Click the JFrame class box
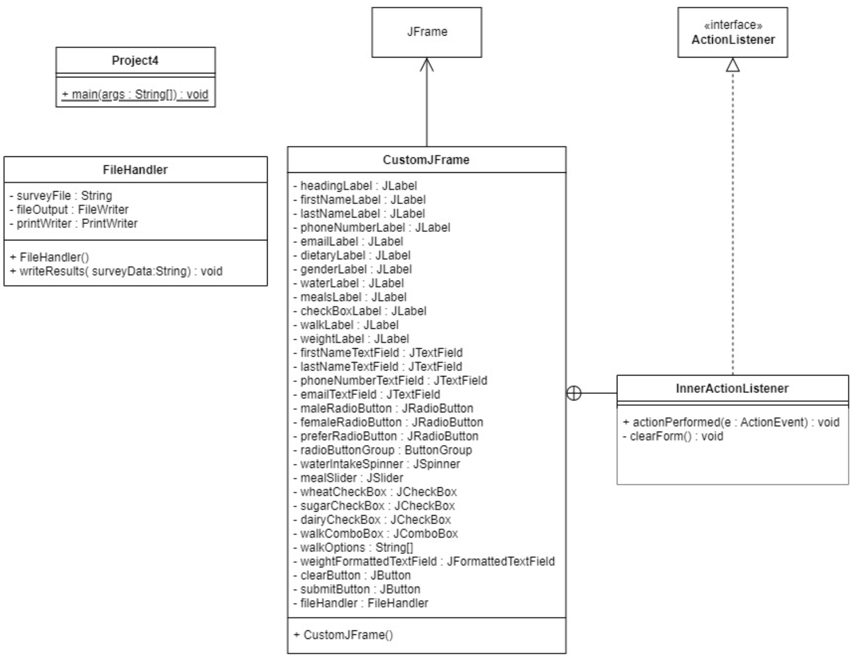click(426, 32)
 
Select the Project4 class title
click(135, 60)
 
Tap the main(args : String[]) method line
click(135, 94)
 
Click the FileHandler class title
click(135, 170)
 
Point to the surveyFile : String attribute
click(60, 195)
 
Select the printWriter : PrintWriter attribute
click(73, 224)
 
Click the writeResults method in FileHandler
click(116, 271)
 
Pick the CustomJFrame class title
click(426, 160)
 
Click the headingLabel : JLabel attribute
click(355, 186)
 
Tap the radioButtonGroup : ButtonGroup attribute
click(382, 450)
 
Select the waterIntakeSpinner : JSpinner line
click(377, 464)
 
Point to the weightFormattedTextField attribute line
click(424, 561)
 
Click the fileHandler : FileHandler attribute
click(361, 603)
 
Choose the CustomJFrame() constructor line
click(344, 635)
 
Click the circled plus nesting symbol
click(573, 393)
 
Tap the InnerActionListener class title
click(732, 388)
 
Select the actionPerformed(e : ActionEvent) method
click(731, 422)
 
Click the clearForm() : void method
click(673, 436)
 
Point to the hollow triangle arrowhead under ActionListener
click(733, 65)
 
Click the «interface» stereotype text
click(733, 25)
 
